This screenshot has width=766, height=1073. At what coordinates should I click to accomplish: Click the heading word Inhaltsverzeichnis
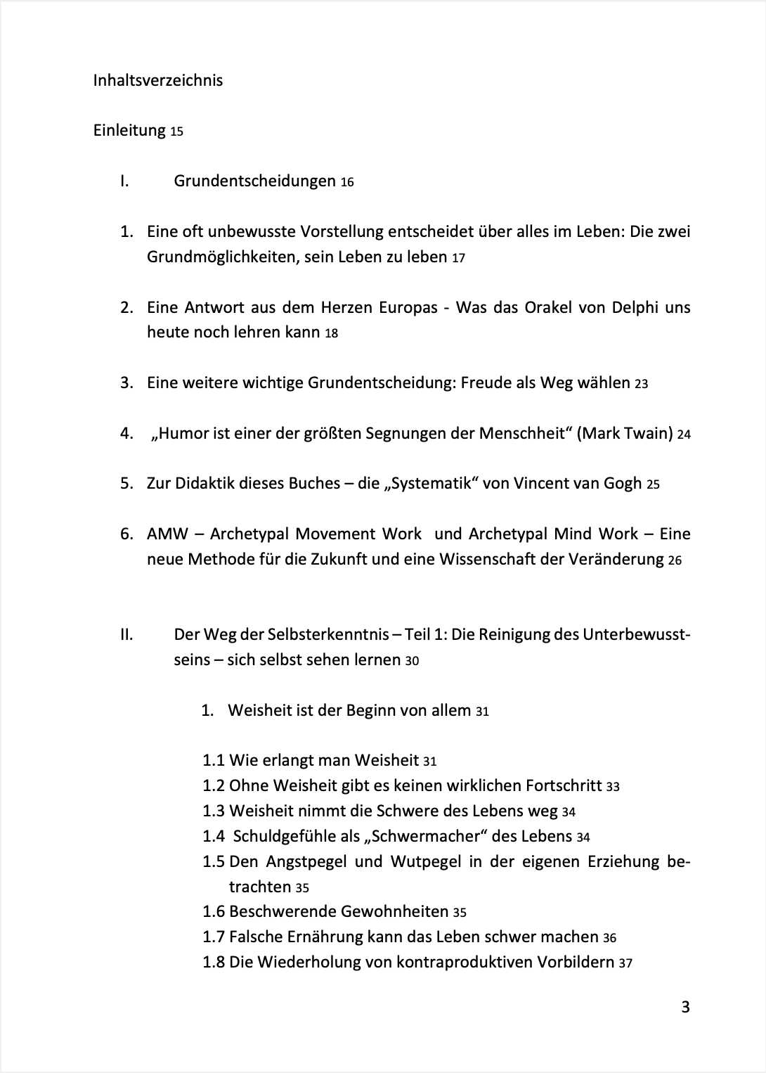[157, 80]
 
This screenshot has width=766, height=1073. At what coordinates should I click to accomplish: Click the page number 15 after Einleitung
[176, 131]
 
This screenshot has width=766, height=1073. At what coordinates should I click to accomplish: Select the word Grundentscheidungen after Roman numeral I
[254, 181]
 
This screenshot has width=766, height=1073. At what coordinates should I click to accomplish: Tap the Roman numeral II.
[126, 634]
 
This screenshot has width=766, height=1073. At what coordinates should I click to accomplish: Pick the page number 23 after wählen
[641, 384]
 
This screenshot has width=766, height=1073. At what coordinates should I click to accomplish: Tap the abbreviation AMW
[167, 534]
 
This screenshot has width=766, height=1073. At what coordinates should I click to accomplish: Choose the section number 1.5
[214, 861]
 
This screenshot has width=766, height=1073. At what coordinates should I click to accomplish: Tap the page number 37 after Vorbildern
[625, 963]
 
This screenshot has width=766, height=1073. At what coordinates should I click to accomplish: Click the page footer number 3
[685, 1008]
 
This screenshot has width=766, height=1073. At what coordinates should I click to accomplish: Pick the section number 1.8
[214, 962]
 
